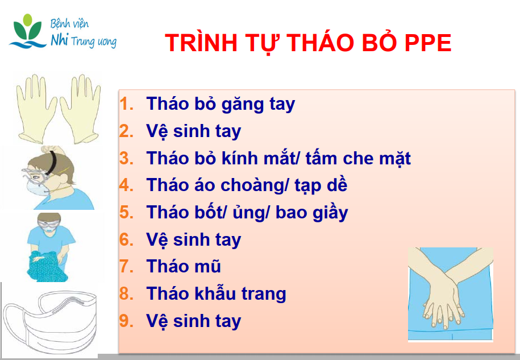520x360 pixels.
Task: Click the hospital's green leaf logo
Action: tap(28, 31)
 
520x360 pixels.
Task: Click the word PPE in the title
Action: tap(428, 43)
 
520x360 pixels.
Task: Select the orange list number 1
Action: tap(126, 104)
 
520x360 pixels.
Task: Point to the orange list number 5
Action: tap(126, 212)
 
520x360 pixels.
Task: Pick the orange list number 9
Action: tap(126, 321)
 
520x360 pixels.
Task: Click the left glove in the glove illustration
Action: tap(36, 109)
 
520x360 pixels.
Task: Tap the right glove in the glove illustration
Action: tap(80, 109)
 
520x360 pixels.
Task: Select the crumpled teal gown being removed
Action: tap(46, 266)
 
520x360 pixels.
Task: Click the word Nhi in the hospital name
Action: tap(59, 40)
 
